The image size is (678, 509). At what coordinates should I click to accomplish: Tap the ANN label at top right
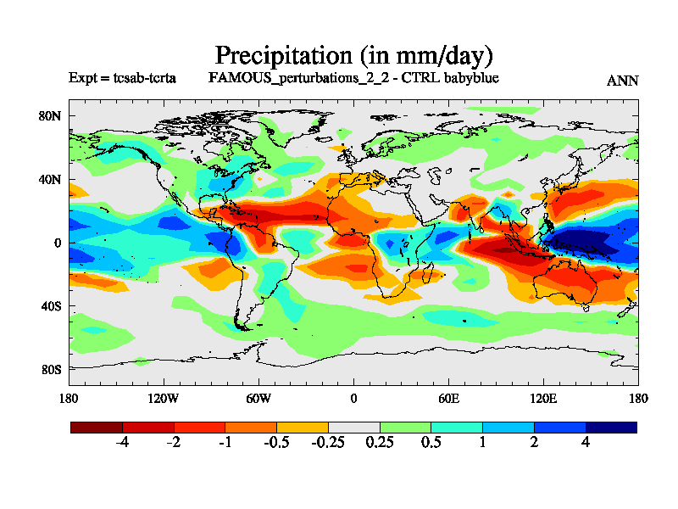[x=623, y=81]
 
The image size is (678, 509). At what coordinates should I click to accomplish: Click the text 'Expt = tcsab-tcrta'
[x=122, y=78]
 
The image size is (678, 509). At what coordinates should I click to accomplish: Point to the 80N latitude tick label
[x=52, y=116]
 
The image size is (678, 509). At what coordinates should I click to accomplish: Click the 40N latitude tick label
[x=52, y=180]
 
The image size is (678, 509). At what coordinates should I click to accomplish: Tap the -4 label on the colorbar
[x=122, y=444]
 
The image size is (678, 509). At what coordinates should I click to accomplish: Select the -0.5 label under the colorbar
[x=276, y=444]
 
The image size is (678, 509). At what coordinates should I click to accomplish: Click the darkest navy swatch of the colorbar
[x=611, y=428]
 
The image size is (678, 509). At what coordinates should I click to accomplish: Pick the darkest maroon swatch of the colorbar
[x=97, y=428]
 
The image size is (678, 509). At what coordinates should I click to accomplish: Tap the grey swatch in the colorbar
[x=353, y=428]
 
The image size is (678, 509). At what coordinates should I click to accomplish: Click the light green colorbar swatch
[x=405, y=428]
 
